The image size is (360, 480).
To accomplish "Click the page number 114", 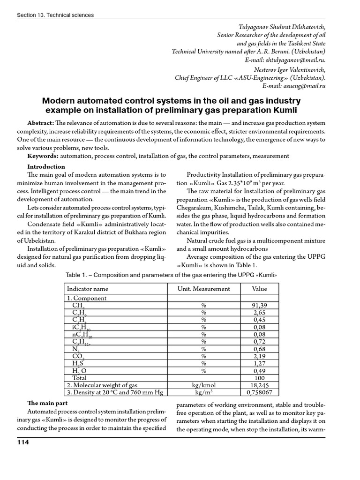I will [x=23, y=443].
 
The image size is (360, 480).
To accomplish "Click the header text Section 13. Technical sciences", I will [x=55, y=15].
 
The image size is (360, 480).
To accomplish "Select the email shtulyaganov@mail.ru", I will [x=295, y=60].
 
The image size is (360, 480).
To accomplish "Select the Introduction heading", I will [x=46, y=166].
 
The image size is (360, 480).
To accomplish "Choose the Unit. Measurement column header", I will [x=204, y=289].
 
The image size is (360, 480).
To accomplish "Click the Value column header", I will [x=259, y=289].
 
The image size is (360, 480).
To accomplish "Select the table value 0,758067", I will [x=259, y=392].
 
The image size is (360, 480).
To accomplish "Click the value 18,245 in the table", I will [x=259, y=385].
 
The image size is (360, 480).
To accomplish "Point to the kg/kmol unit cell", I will [x=204, y=385].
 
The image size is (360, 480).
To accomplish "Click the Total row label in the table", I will [x=79, y=378].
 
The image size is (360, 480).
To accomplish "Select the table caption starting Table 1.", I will [x=169, y=275].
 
